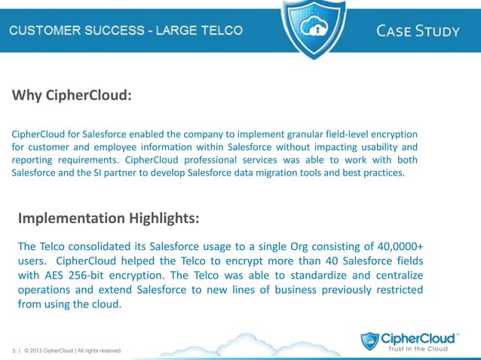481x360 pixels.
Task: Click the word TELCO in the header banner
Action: pyautogui.click(x=222, y=31)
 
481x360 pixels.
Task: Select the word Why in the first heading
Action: pyautogui.click(x=27, y=96)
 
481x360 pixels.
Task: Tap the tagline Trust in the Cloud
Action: pyautogui.click(x=417, y=348)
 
